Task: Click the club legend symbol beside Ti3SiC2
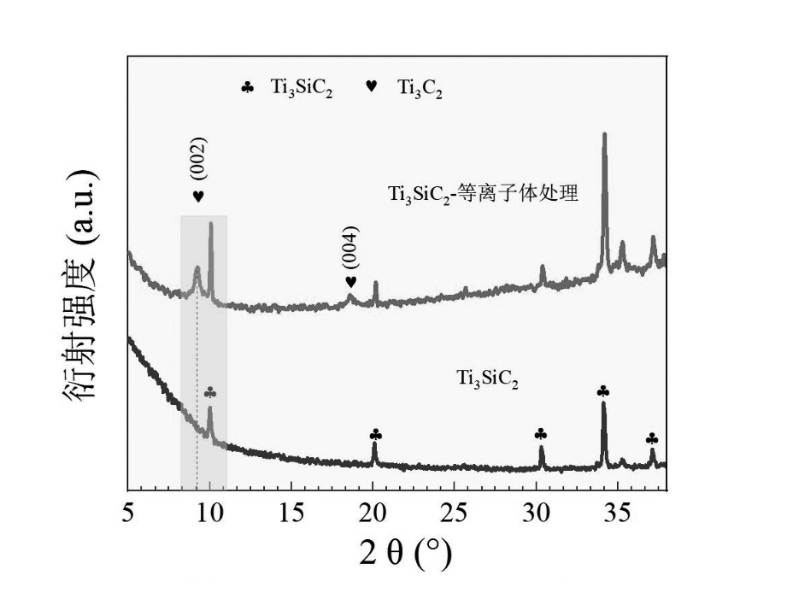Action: [x=248, y=87]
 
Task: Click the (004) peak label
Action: [x=350, y=248]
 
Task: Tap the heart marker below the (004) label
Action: [x=350, y=282]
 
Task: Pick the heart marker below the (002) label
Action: [x=198, y=197]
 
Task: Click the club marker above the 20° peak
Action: [x=376, y=435]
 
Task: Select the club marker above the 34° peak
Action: [x=603, y=391]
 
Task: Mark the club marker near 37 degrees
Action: [x=652, y=438]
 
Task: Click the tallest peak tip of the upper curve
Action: [x=605, y=135]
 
